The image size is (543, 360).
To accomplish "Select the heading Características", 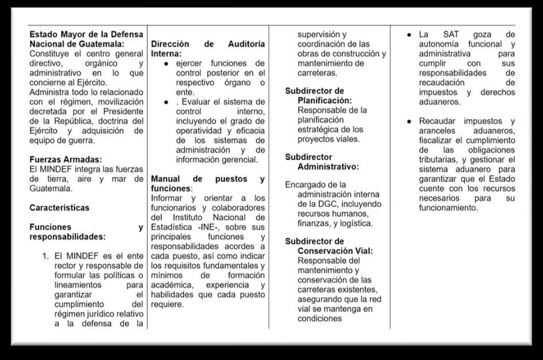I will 60,208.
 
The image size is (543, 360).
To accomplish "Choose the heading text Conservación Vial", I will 335,251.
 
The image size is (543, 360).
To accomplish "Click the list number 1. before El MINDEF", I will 45,256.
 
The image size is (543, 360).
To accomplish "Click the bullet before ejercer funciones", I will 166,63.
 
